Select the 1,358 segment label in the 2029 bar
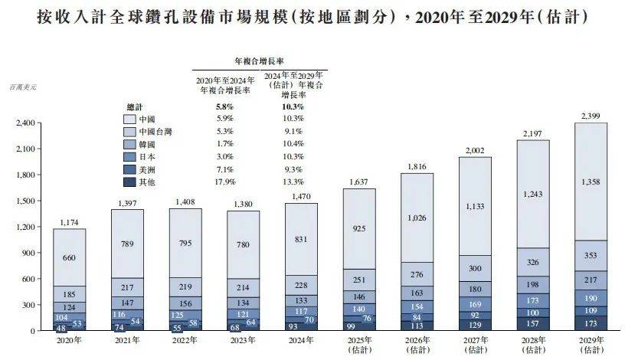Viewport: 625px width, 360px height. coord(591,182)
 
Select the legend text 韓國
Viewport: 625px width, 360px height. coord(148,144)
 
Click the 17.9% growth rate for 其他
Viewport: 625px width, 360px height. coord(225,182)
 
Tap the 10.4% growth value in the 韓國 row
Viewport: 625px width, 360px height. coord(293,144)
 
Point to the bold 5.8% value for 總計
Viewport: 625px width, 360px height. coord(225,106)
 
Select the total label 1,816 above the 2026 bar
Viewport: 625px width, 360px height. coord(417,166)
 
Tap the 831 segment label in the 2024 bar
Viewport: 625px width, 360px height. coord(301,238)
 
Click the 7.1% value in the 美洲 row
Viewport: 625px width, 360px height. coord(225,169)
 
